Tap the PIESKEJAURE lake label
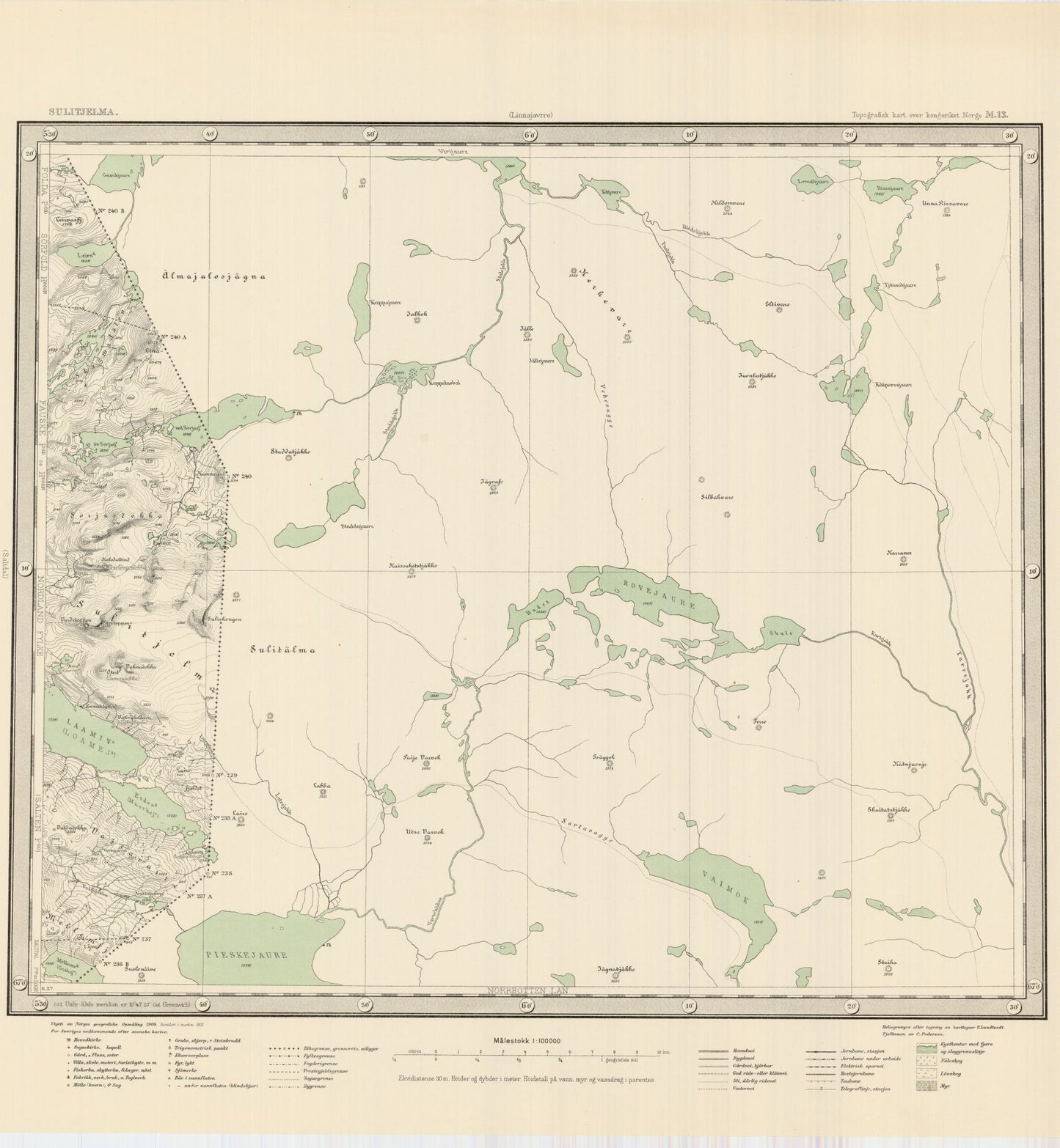coord(247,955)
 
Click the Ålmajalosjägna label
coord(213,276)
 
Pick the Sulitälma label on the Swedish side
coord(282,649)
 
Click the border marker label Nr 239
coord(227,776)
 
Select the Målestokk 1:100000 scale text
coord(527,1040)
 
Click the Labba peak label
coord(322,786)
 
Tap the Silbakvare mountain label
coord(717,497)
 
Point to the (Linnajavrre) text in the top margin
coord(527,114)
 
